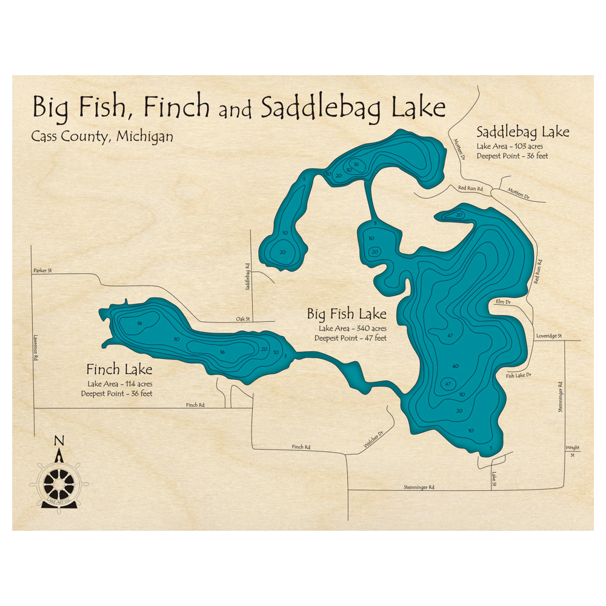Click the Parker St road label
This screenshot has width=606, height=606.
pyautogui.click(x=43, y=271)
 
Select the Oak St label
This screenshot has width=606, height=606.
pyautogui.click(x=243, y=319)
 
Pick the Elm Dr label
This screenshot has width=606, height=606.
pyautogui.click(x=503, y=301)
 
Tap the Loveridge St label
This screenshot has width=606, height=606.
pyautogui.click(x=549, y=336)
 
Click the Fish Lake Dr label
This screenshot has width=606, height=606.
pyautogui.click(x=518, y=376)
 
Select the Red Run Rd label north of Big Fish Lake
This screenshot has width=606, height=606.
pyautogui.click(x=470, y=189)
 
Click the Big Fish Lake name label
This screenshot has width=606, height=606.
pyautogui.click(x=347, y=314)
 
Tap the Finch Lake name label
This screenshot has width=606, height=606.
pyautogui.click(x=119, y=369)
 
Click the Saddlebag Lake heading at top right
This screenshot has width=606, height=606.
pyautogui.click(x=523, y=132)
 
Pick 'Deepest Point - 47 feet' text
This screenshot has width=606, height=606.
pyautogui.click(x=350, y=338)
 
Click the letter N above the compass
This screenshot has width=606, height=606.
pyautogui.click(x=58, y=441)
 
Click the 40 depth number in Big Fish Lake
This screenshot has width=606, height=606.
pyautogui.click(x=455, y=366)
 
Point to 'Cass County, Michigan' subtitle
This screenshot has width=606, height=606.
pyautogui.click(x=102, y=136)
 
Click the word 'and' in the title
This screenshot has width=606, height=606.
pyautogui.click(x=235, y=111)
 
